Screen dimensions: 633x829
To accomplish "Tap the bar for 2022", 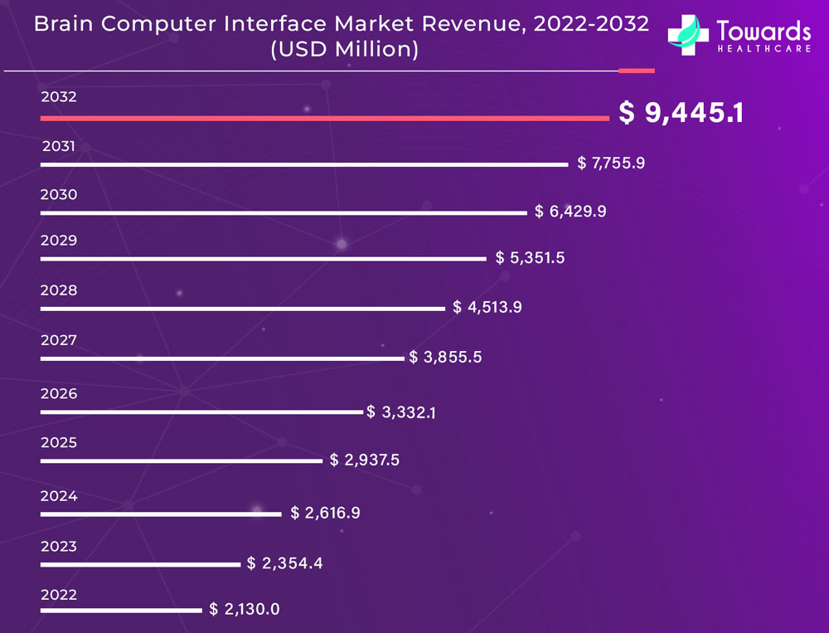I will click(x=121, y=611).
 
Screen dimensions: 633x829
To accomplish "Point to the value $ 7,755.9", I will click(x=611, y=163).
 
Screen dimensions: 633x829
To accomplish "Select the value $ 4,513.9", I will click(x=487, y=307).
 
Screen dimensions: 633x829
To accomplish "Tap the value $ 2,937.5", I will click(x=365, y=460).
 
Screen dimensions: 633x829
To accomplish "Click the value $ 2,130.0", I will click(x=245, y=609).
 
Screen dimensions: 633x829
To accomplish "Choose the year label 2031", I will click(x=59, y=147).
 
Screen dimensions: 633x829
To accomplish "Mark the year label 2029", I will click(x=59, y=241).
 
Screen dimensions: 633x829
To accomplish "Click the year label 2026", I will click(x=59, y=393).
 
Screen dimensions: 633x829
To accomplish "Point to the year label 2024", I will click(x=59, y=496).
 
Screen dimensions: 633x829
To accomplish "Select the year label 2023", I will click(x=59, y=546).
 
